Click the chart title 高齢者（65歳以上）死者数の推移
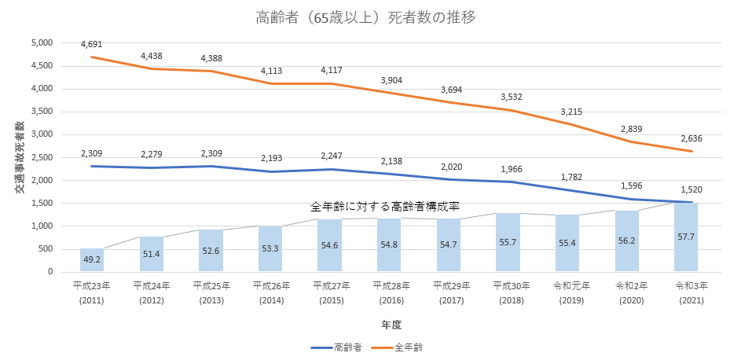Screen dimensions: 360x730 pos(365,17)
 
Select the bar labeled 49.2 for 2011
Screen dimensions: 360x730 pos(92,260)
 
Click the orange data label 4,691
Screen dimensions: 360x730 pos(92,44)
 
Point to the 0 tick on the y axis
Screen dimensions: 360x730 pos(50,272)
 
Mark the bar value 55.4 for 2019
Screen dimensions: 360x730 pos(567,246)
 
